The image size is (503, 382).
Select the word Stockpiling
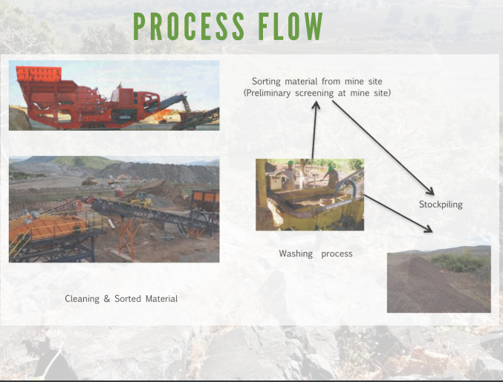tap(441, 204)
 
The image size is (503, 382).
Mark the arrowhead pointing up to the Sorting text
tap(315, 106)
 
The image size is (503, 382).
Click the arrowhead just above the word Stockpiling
tap(429, 190)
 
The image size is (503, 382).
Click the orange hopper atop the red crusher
tap(39, 74)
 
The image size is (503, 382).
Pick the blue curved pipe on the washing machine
tap(345, 187)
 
